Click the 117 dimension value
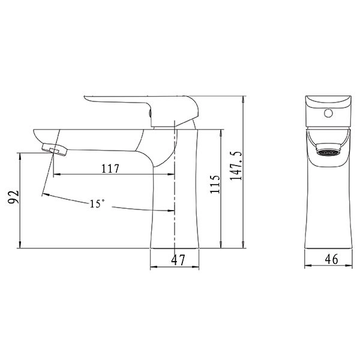click(x=110, y=169)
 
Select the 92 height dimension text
click(x=13, y=197)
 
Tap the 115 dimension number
click(x=215, y=184)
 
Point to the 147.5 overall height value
click(x=236, y=166)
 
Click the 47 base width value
click(x=178, y=260)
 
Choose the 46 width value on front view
click(x=331, y=259)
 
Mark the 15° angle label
click(x=97, y=203)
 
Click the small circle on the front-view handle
click(x=328, y=113)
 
